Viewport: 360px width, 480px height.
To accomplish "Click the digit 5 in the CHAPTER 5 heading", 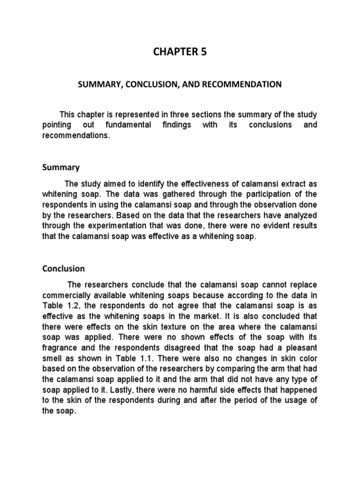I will pos(203,52).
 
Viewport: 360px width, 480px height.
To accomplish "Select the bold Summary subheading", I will pos(61,167).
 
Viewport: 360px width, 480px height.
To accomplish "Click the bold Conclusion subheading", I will pos(63,269).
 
